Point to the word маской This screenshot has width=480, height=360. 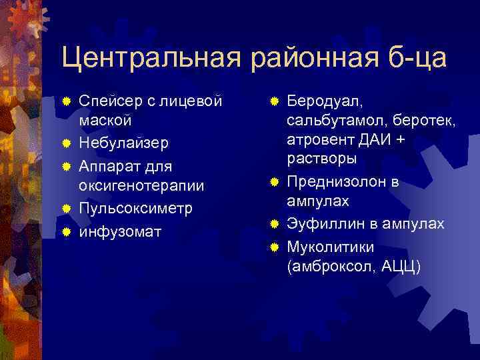click(x=105, y=121)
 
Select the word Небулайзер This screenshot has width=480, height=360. click(x=124, y=143)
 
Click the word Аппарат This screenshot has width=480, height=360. click(x=109, y=165)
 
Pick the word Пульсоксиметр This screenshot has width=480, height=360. click(x=135, y=207)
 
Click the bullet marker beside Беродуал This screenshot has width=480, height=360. click(x=274, y=101)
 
